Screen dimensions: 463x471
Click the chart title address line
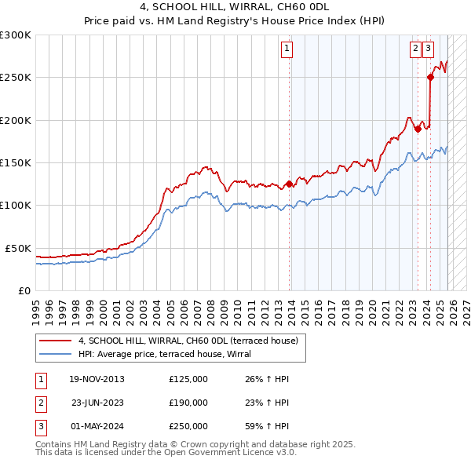click(x=235, y=7)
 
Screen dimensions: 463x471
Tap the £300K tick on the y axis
click(x=16, y=35)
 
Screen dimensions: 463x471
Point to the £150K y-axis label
click(x=16, y=163)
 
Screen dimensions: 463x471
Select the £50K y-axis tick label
click(x=18, y=248)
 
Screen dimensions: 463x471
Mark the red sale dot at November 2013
click(x=289, y=184)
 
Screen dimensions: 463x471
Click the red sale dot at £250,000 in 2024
click(x=430, y=77)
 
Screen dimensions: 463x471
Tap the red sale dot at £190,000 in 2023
click(x=418, y=128)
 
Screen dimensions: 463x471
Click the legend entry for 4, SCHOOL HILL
click(x=188, y=341)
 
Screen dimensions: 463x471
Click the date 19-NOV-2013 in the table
click(x=97, y=379)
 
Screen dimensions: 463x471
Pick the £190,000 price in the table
click(x=188, y=403)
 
